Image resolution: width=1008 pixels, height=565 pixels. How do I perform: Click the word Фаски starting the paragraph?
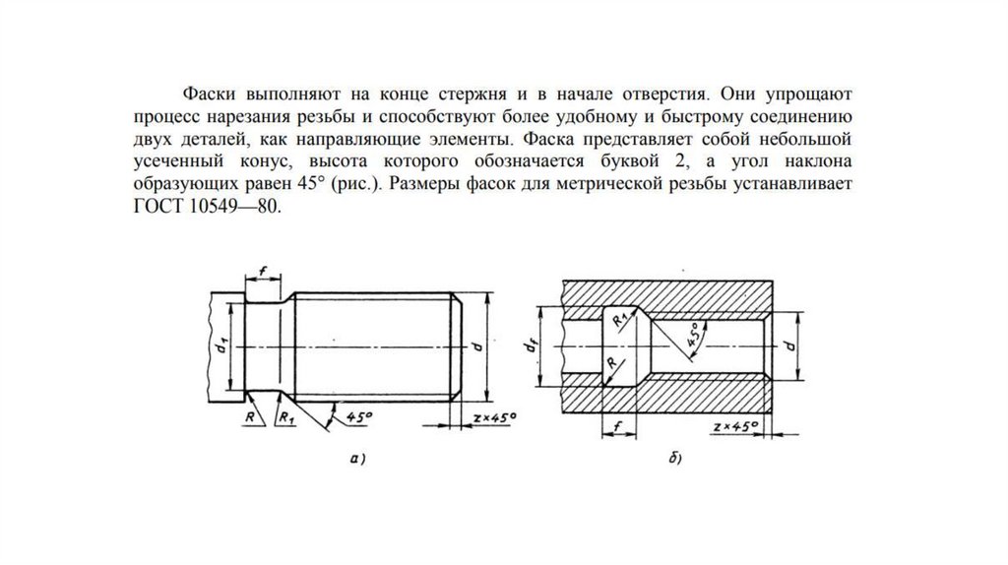click(x=206, y=95)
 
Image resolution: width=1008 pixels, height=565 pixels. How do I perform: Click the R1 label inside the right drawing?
click(x=617, y=320)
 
